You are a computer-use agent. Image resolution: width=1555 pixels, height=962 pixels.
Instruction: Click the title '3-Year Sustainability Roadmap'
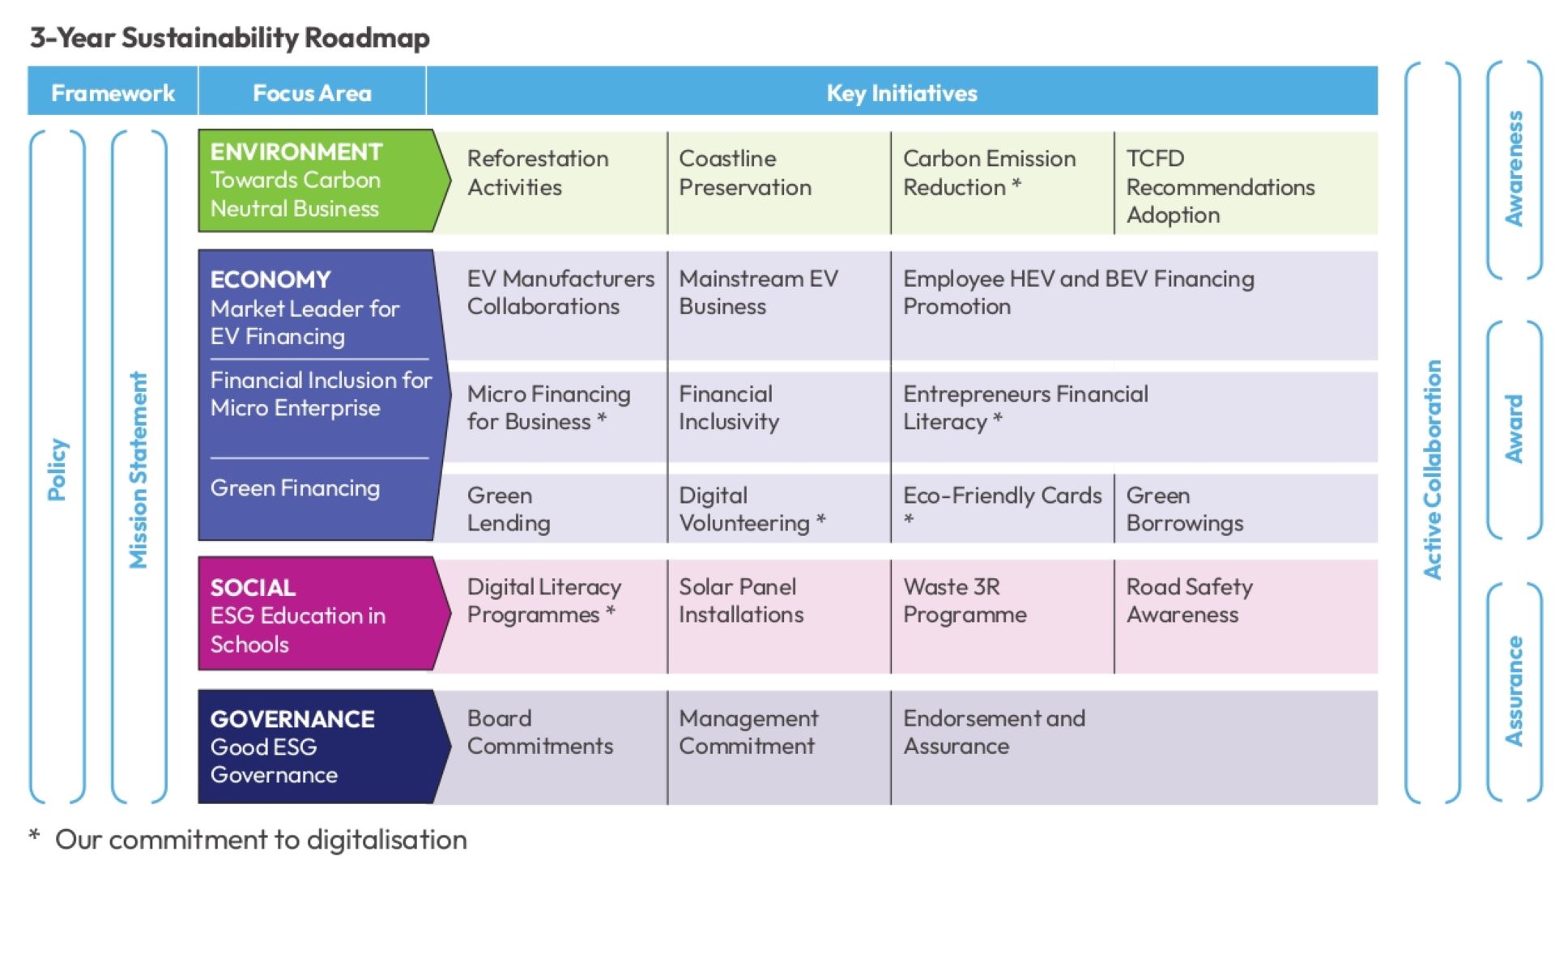[x=230, y=38]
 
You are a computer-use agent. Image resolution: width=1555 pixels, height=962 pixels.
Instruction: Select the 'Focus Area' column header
[x=312, y=93]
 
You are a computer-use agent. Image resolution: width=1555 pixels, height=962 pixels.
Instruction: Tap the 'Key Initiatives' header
[x=901, y=93]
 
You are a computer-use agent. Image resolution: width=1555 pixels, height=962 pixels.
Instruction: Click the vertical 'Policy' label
[x=58, y=470]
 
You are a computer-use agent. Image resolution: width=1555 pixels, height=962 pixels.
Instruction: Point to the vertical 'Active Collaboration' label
[x=1433, y=470]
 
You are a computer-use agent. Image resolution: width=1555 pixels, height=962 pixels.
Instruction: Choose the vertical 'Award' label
[x=1514, y=429]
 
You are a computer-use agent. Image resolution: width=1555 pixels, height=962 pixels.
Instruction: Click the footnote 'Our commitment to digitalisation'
[x=261, y=840]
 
